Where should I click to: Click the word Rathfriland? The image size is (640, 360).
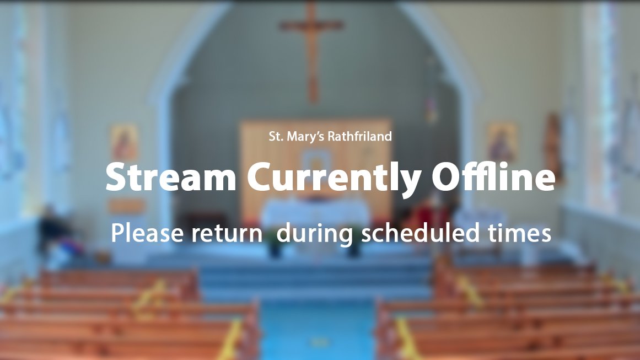click(x=359, y=136)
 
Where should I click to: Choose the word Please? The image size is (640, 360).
click(x=147, y=233)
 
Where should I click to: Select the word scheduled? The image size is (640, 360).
click(x=420, y=233)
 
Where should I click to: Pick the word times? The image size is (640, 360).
click(x=519, y=233)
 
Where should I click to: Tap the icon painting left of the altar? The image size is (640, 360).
click(x=125, y=143)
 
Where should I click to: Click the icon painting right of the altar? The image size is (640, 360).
click(x=502, y=142)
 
